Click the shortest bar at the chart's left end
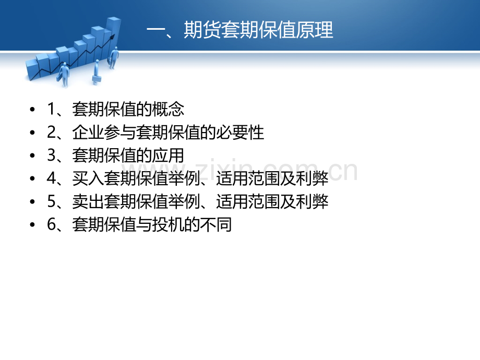click(x=32, y=70)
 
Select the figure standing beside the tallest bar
click(x=114, y=57)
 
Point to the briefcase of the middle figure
click(x=97, y=80)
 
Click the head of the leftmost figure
click(x=65, y=65)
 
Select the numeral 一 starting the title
click(x=156, y=30)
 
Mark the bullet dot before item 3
click(x=32, y=155)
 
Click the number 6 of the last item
click(x=51, y=224)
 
